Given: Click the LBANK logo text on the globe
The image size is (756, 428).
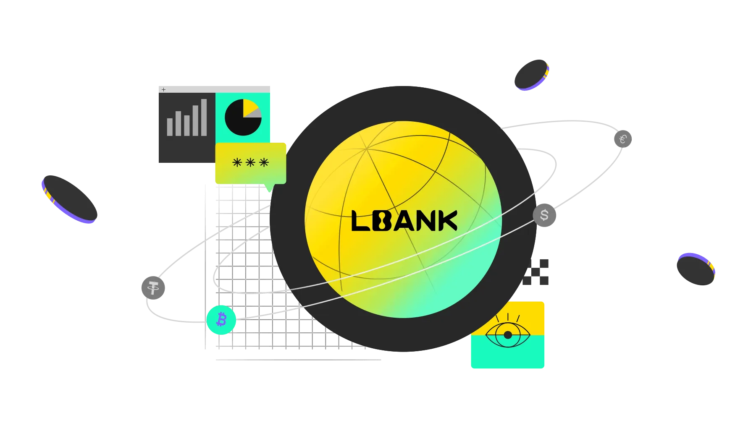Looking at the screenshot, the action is pos(404,221).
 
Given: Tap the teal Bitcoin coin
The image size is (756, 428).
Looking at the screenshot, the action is pos(221,320).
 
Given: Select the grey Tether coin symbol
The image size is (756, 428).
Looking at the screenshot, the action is pos(153,288).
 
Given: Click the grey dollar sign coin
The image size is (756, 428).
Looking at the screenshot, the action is pos(544,215).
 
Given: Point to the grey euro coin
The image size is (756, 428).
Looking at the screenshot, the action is pos(623,139).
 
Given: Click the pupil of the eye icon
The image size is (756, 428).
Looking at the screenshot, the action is pos(508,335).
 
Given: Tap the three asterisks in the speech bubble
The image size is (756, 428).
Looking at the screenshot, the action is pos(251,162).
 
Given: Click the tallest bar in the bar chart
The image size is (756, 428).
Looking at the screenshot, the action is pos(204,117).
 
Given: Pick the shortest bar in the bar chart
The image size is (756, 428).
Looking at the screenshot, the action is pos(170,127).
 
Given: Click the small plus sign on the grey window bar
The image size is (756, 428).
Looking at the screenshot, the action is pos(164,89).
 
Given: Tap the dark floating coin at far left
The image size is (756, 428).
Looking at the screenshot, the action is pos(70,199).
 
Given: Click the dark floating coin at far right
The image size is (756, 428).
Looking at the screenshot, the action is pos(696,269).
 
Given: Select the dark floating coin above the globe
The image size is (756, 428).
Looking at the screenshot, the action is pos(532,75).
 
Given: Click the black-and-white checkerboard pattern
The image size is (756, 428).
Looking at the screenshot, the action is pos(535,272).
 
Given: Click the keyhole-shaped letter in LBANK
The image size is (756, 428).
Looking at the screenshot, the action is pos(381,221).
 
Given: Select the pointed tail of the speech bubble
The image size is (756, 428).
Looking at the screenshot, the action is pos(269,188).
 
